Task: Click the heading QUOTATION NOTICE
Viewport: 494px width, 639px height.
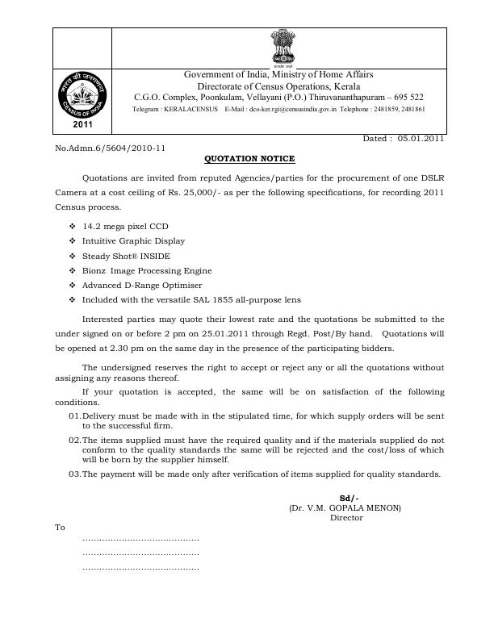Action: pos(249,159)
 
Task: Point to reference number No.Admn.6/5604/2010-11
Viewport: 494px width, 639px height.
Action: pos(110,148)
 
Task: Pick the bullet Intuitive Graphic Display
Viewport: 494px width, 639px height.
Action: pos(133,241)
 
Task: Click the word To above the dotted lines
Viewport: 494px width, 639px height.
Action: pos(60,528)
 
